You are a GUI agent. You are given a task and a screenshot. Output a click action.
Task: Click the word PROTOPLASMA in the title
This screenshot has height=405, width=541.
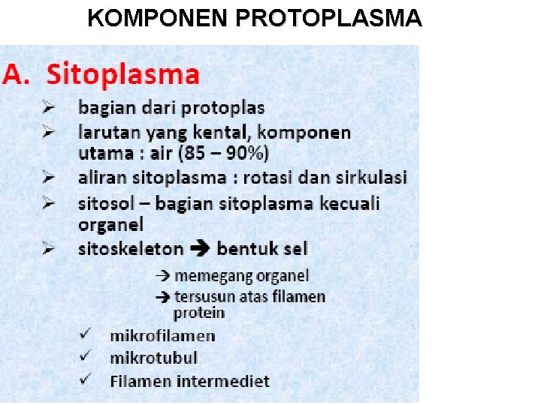click(328, 18)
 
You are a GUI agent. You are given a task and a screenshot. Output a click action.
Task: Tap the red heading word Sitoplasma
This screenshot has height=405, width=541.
click(123, 74)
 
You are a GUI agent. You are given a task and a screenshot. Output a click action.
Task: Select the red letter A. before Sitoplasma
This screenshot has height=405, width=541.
click(20, 74)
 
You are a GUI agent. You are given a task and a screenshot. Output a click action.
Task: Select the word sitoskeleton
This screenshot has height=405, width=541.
click(131, 248)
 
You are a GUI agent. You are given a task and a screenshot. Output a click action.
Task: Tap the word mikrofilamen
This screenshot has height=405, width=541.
click(162, 336)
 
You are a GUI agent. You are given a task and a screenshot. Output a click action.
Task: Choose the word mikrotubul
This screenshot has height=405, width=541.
click(153, 358)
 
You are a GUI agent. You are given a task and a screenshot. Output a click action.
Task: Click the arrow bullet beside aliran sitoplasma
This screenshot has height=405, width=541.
click(50, 178)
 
